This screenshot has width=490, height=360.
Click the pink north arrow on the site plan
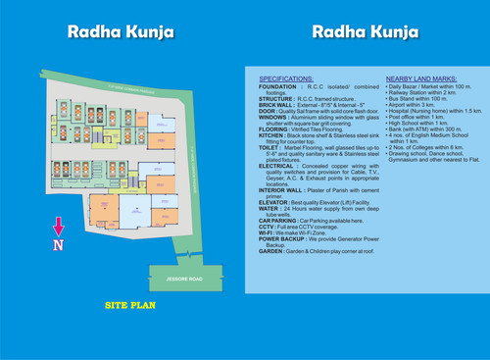pos(58,228)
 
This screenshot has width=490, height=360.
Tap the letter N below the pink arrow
pos(58,243)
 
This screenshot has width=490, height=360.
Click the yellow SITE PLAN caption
pos(130,306)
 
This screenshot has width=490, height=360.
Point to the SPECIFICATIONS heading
pos(287,77)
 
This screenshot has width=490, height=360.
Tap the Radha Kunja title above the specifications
pos(365,31)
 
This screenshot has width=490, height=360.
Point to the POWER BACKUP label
pos(282,238)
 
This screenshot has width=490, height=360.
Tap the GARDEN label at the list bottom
pos(271,251)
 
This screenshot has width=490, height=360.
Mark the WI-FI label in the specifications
pos(267,231)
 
